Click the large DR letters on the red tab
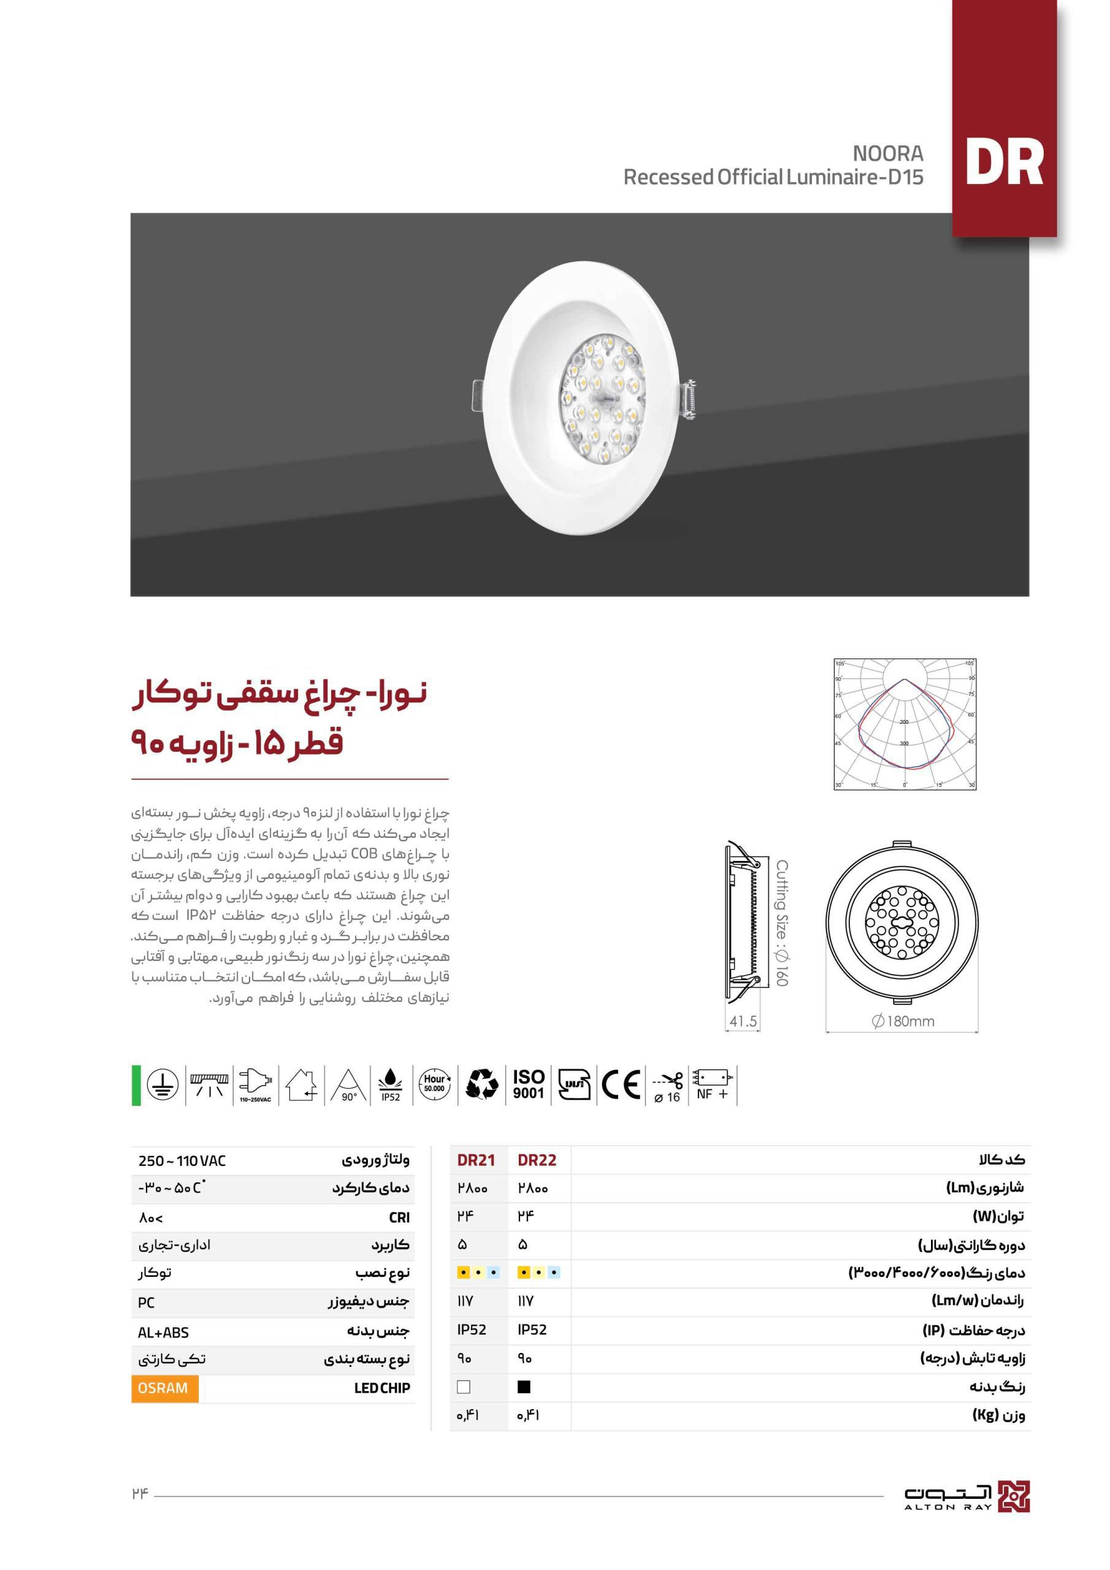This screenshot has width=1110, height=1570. click(1003, 163)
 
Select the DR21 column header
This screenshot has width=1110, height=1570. click(476, 1160)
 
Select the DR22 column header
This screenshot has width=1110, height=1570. click(537, 1160)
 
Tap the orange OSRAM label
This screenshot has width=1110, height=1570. click(164, 1388)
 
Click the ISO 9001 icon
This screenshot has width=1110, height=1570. click(528, 1084)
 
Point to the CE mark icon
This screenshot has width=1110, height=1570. click(621, 1084)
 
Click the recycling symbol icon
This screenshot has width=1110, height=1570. click(481, 1084)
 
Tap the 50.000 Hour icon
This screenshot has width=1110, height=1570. click(435, 1084)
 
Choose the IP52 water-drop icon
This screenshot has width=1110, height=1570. click(391, 1084)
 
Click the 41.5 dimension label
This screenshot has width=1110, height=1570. click(743, 1022)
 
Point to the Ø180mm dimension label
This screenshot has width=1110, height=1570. click(903, 1021)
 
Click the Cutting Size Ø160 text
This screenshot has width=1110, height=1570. click(782, 923)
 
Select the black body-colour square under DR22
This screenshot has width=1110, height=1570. click(524, 1387)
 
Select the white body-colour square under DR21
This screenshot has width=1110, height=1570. click(464, 1387)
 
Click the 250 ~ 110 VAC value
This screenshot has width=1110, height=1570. click(182, 1160)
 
